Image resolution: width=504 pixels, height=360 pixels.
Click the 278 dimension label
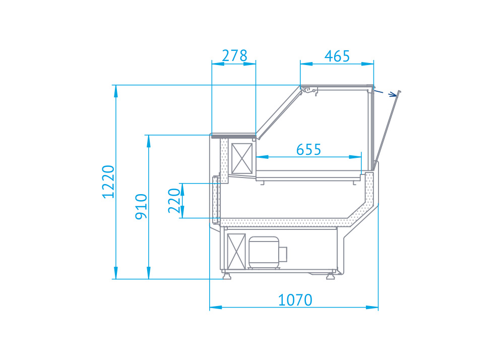(x=235, y=55)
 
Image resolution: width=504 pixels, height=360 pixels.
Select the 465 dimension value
(x=337, y=56)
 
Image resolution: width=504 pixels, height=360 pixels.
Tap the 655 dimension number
(x=308, y=149)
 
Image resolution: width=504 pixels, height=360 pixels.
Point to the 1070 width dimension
(x=295, y=300)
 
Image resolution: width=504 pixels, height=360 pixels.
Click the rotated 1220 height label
(x=108, y=182)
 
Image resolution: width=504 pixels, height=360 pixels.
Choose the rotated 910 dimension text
(x=141, y=207)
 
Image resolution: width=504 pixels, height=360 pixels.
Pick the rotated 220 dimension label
(x=174, y=201)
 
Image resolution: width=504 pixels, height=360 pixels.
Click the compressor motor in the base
(x=268, y=253)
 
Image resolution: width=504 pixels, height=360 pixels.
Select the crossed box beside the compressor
(x=236, y=252)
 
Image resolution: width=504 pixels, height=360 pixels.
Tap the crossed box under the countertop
(x=242, y=158)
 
